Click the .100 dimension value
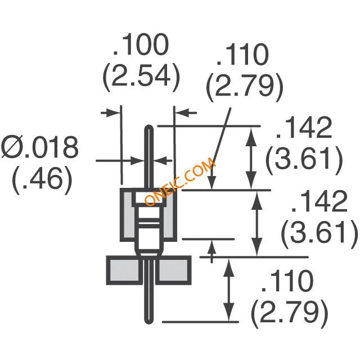point(141,44)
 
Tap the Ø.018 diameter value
point(39,147)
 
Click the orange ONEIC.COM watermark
point(179,181)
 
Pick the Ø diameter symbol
point(11,147)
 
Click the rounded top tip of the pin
point(149,127)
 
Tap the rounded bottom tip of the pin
point(148,322)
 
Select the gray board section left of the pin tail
point(124,270)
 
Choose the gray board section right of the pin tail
point(174,270)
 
